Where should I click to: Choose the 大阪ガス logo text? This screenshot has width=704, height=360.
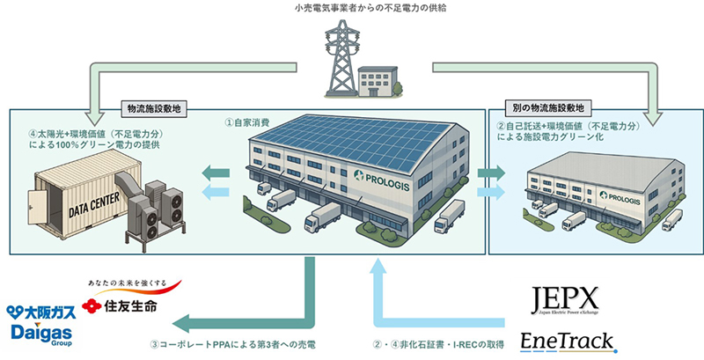coord(40,312)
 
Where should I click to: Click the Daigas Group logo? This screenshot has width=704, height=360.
coord(40,332)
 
